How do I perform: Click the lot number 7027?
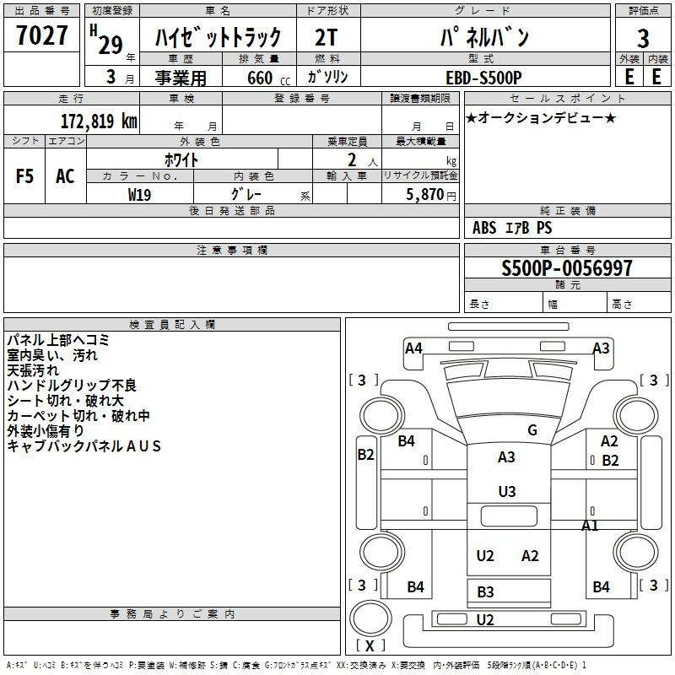[41, 35]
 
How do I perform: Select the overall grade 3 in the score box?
[643, 38]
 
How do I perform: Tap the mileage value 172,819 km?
[99, 121]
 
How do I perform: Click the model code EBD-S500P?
[483, 78]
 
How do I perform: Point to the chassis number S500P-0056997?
[567, 268]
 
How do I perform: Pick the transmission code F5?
[24, 176]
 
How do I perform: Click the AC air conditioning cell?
[65, 176]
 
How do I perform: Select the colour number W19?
[139, 195]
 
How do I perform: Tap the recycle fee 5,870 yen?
[431, 195]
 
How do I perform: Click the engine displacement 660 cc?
[268, 78]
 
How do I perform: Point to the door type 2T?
[326, 37]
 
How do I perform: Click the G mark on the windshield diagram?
[532, 430]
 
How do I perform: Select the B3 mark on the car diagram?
[485, 592]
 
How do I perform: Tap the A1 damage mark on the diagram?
[590, 526]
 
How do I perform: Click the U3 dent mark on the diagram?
[507, 492]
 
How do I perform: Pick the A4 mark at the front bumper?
[413, 348]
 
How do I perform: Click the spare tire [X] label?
[370, 645]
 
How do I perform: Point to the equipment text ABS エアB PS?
[512, 228]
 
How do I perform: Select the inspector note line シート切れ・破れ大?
[66, 401]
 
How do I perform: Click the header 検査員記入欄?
[172, 325]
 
